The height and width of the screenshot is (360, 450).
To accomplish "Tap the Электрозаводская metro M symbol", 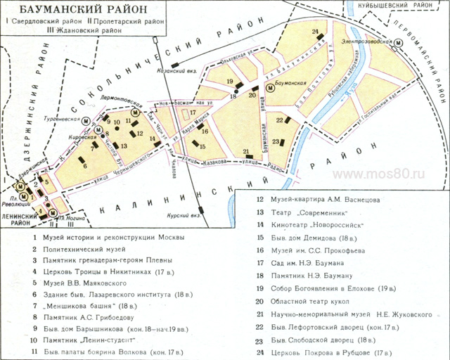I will click(399, 44).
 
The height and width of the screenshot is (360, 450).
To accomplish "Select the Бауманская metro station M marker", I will click(271, 89).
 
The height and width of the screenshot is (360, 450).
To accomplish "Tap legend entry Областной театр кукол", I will click(309, 301).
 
